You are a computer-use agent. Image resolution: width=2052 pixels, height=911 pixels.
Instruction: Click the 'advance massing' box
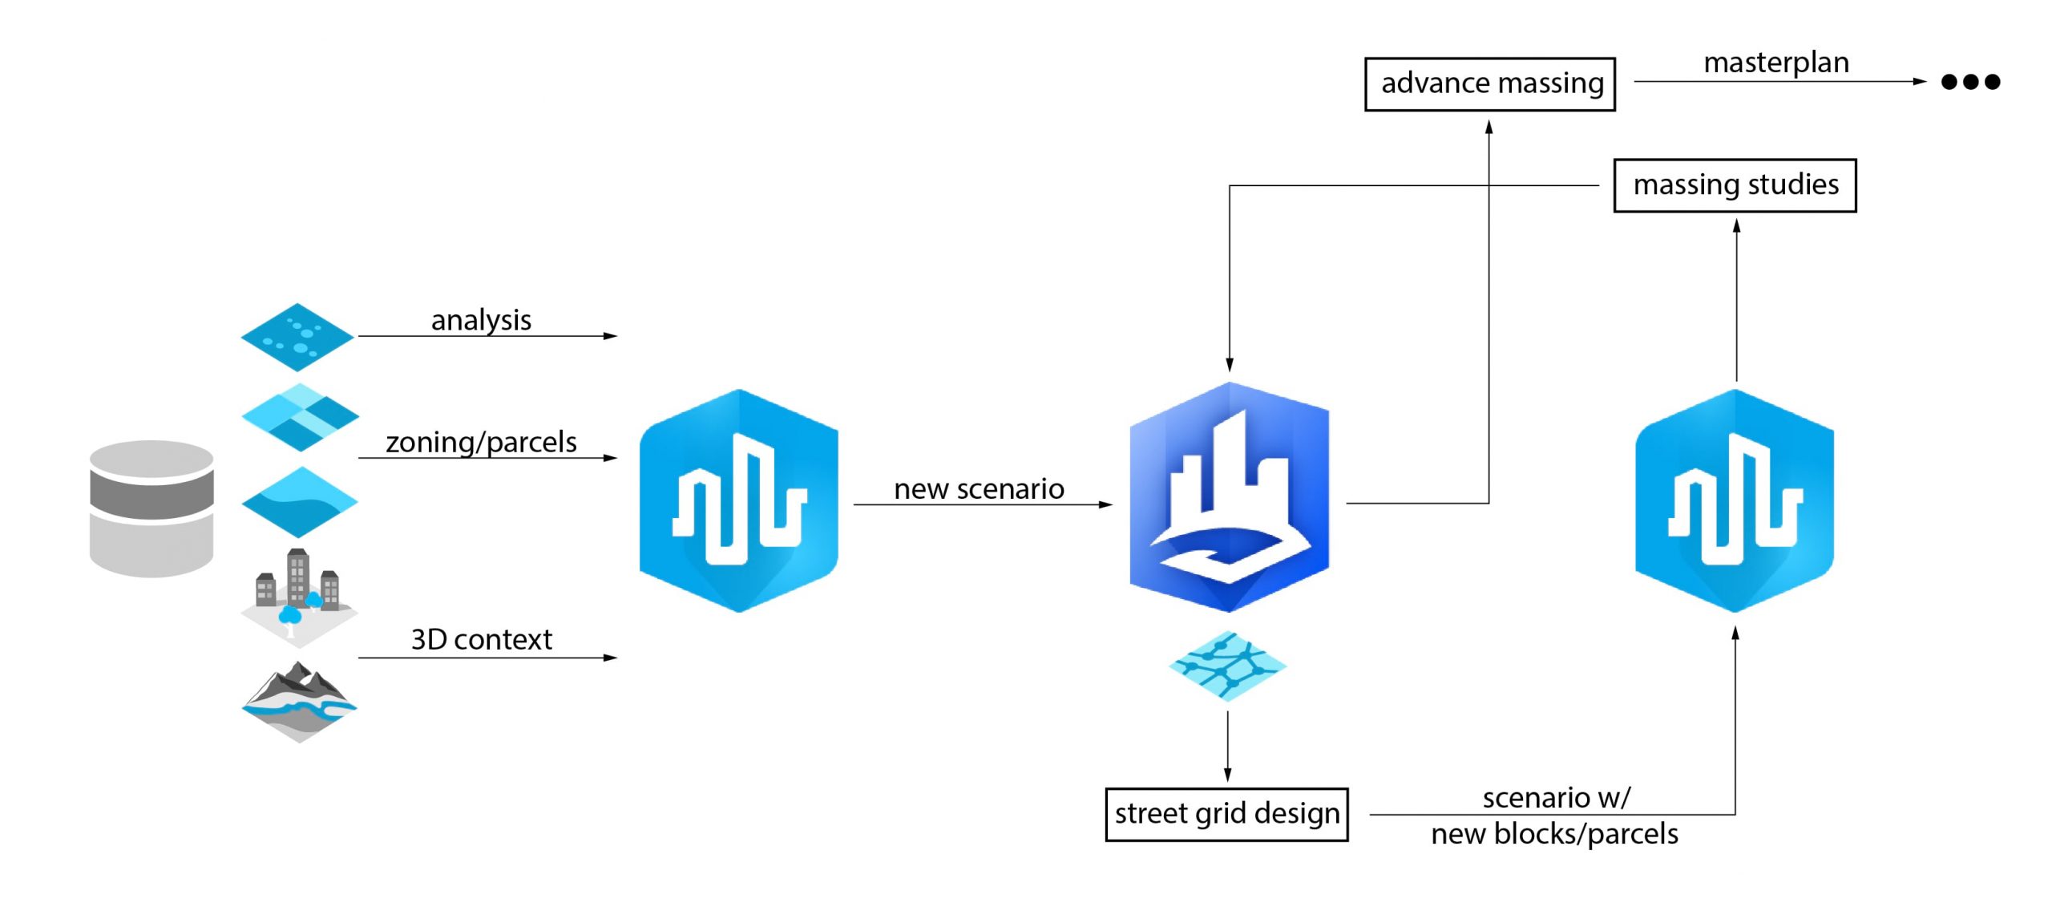[x=1489, y=83]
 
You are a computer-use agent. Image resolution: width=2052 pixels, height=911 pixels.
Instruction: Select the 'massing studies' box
[x=1735, y=185]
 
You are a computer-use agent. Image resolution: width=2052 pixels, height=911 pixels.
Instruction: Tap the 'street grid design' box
[x=1226, y=814]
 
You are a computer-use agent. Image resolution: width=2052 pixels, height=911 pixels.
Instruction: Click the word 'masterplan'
[x=1775, y=62]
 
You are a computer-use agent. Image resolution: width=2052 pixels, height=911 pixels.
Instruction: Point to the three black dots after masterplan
[x=1969, y=82]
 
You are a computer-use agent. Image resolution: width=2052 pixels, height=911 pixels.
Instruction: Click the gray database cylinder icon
[x=151, y=508]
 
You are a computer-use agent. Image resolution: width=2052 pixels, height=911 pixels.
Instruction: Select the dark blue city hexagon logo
[x=1229, y=497]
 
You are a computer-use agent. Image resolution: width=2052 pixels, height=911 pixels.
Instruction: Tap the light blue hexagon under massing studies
[x=1734, y=501]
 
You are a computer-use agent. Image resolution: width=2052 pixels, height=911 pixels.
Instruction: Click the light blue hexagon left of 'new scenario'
[x=738, y=501]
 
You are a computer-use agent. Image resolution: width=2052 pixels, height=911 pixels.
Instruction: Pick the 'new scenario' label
[x=978, y=488]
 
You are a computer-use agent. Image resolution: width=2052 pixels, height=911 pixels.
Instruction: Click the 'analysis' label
[x=481, y=320]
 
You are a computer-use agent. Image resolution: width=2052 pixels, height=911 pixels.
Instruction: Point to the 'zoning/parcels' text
[x=481, y=442]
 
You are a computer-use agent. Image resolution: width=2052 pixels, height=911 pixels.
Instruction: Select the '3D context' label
[x=481, y=639]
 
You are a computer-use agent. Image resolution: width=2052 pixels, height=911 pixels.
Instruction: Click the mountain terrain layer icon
[x=299, y=702]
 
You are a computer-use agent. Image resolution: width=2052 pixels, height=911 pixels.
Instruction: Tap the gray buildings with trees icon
[x=298, y=595]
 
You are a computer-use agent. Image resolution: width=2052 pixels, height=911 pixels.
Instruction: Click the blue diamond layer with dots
[x=297, y=337]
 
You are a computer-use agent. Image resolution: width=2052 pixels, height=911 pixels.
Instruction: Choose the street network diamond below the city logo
[x=1227, y=665]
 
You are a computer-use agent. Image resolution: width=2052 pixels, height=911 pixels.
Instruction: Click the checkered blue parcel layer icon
[x=300, y=416]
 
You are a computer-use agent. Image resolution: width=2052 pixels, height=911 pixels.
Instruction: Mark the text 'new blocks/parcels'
[x=1553, y=834]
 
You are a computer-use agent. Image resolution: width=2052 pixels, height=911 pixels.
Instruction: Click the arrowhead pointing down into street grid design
[x=1227, y=774]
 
